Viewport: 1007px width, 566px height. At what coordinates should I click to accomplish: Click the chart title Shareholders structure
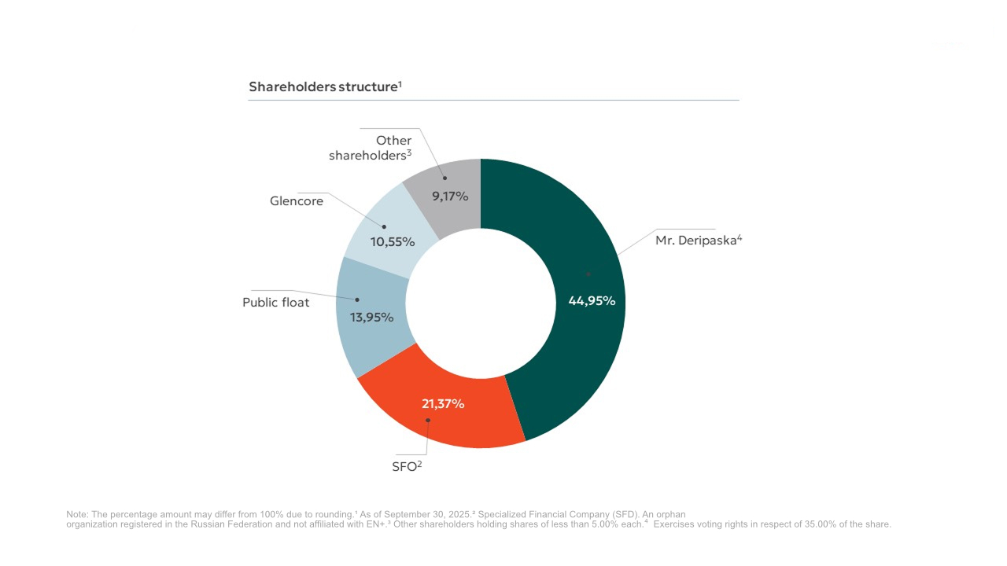coord(325,86)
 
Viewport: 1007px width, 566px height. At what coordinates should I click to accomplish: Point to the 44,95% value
coord(592,300)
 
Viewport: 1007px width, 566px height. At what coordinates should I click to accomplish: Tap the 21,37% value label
coord(443,404)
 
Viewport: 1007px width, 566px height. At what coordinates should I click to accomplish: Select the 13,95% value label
coord(372,318)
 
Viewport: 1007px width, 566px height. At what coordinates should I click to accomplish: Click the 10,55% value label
coord(393,242)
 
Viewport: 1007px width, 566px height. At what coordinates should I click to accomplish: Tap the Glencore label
coord(297,201)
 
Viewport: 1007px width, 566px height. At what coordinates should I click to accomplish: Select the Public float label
coord(276,303)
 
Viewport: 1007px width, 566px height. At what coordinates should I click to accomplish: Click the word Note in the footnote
coord(77,514)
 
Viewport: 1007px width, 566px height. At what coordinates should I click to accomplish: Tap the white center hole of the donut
coord(481,303)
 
